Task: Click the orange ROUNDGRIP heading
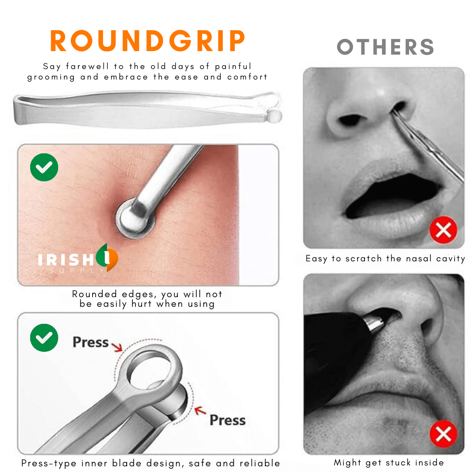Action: (148, 41)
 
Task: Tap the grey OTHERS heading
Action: (385, 47)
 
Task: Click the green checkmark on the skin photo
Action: (44, 167)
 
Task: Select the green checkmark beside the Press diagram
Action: (44, 338)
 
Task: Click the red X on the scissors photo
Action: (444, 230)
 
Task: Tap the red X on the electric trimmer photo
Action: (444, 434)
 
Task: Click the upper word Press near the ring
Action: (90, 342)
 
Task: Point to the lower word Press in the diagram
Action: (228, 420)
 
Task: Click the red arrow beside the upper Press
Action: (117, 347)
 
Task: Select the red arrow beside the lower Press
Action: (200, 410)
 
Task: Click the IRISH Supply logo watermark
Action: (78, 258)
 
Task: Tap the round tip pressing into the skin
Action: (135, 218)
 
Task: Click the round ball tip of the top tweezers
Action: (274, 116)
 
